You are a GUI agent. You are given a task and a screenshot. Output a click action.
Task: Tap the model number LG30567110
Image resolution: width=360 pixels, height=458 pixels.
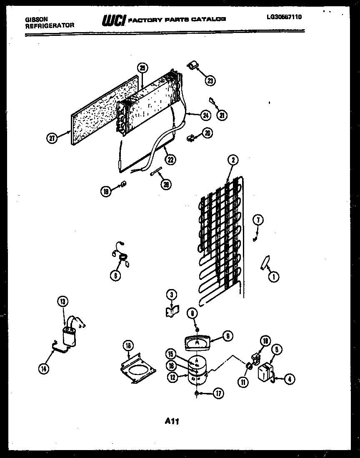coord(284,17)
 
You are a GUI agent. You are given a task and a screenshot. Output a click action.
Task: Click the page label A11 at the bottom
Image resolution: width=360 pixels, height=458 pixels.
coord(171,421)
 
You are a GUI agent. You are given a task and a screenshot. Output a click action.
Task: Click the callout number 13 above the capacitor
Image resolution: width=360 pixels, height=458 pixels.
coord(62,301)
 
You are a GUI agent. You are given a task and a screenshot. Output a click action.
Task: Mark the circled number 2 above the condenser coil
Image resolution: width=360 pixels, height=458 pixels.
coord(232,159)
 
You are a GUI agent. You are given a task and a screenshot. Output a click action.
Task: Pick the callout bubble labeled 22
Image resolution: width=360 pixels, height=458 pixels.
coord(170,159)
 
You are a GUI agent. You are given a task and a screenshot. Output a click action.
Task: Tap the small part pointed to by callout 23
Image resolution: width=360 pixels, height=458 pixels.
coord(192,64)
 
